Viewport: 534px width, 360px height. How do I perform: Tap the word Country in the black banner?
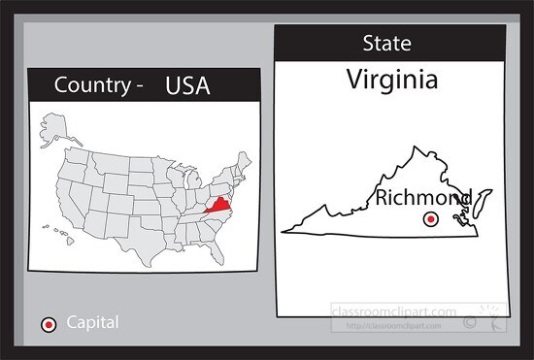point(92,85)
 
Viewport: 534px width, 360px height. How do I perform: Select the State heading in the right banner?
point(386,44)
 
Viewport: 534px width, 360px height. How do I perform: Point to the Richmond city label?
point(423,200)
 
